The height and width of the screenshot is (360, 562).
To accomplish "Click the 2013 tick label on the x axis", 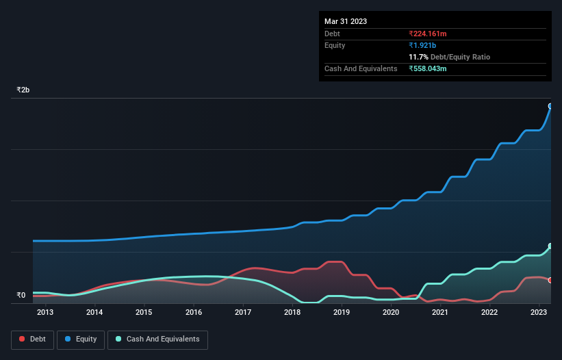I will coord(45,313).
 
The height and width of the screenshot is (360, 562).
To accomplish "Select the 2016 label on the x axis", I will coord(194,313).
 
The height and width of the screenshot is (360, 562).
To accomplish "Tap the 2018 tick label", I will coord(292,313).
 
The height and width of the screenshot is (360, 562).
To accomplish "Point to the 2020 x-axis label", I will coord(391,313).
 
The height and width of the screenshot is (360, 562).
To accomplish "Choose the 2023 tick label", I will coord(539,313).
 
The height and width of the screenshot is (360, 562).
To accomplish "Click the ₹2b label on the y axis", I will coord(23,90).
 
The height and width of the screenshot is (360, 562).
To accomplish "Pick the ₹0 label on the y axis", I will coord(21,296).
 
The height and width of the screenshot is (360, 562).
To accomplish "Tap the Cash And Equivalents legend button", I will coord(157,339).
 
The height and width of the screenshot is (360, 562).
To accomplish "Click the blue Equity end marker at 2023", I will coord(550,106).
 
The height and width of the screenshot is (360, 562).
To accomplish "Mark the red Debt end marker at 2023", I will coord(550,280).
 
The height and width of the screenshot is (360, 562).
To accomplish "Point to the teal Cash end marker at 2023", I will coord(550,246).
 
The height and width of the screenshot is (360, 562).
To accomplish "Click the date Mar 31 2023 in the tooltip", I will coord(346,21).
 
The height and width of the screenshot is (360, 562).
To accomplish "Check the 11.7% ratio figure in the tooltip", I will coord(420,57).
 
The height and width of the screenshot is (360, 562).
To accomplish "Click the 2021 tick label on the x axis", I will coord(440,313).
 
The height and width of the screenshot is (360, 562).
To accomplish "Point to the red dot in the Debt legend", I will coord(23,339).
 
